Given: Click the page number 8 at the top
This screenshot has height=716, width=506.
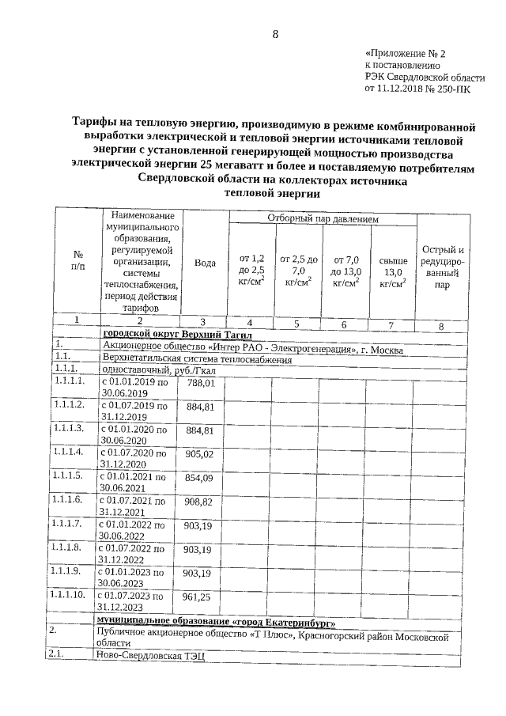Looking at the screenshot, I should [x=275, y=34].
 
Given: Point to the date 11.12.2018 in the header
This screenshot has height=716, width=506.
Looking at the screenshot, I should [x=405, y=89].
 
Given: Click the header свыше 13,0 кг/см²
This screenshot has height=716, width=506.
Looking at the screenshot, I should [x=392, y=271].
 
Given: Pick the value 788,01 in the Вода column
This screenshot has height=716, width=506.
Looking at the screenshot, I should [x=200, y=383].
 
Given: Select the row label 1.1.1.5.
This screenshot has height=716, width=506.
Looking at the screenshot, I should [x=66, y=476].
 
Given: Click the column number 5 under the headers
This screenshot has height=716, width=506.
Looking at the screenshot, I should [x=296, y=323].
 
